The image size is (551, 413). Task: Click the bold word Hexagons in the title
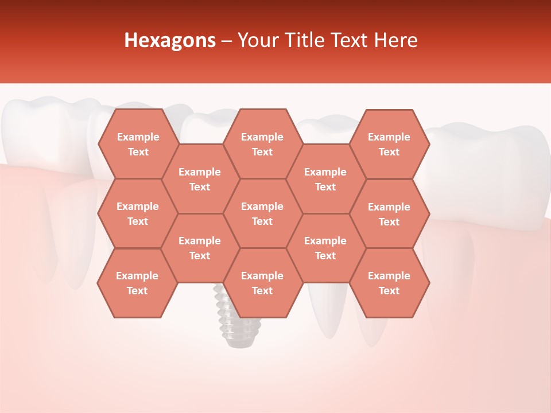170,40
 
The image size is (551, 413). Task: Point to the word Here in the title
395,40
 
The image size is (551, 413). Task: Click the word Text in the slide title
351,40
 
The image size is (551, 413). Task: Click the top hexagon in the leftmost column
138,144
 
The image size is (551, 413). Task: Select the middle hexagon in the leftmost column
138,213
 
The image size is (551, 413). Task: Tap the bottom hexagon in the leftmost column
137,283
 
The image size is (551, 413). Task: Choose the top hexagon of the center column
262,144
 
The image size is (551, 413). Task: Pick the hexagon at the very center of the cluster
262,213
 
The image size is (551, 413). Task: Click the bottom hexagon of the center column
262,283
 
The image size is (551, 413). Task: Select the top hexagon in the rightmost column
389,144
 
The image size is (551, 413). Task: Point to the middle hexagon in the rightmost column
389,214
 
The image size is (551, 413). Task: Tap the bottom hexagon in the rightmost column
389,283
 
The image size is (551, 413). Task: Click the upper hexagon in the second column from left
200,179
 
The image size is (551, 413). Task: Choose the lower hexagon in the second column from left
200,248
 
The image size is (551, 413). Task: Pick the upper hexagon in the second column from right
325,179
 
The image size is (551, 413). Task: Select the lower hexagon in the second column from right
325,248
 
